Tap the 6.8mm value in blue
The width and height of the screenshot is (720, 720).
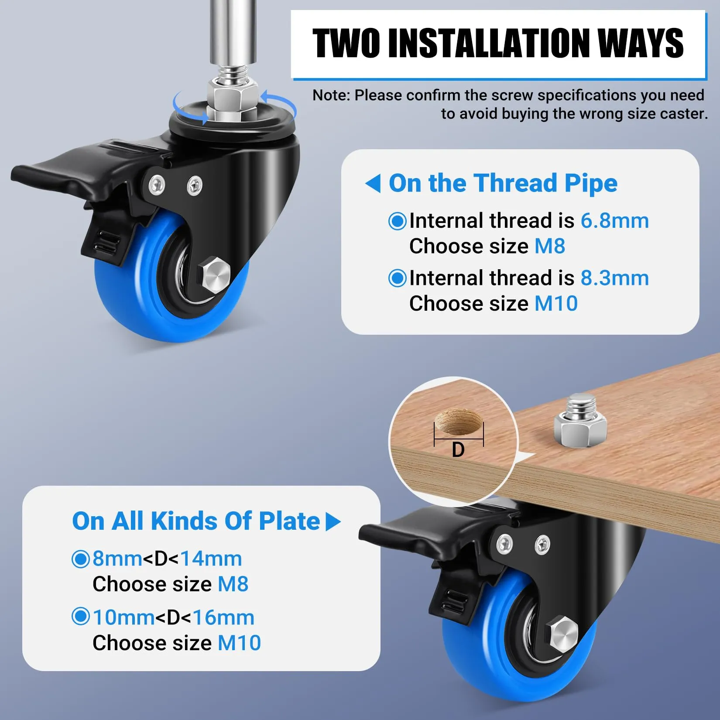(614, 221)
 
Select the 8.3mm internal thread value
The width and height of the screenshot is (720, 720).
(614, 278)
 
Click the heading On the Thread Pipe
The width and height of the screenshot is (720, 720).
(503, 183)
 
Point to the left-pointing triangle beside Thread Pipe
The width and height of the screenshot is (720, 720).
(373, 183)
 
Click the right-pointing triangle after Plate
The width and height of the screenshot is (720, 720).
(333, 521)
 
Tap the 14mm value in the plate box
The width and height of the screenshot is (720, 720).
(211, 559)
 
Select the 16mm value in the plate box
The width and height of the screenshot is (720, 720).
(223, 617)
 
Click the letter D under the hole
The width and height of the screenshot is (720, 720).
(458, 450)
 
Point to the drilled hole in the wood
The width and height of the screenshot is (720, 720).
(459, 422)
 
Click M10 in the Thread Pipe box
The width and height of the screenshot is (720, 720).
(556, 303)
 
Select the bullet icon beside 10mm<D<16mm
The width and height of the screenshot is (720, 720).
(80, 617)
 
